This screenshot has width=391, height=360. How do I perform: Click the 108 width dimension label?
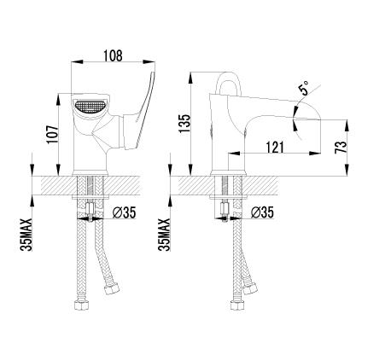coord(113,55)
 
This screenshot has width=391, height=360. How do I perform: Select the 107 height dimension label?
coord(53,134)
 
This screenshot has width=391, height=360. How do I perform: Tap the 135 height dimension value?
coord(184,123)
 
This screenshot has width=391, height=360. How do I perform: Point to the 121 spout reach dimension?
coord(275,147)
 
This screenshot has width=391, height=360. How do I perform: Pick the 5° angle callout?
coord(303,88)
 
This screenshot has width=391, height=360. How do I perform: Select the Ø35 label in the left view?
coord(125,212)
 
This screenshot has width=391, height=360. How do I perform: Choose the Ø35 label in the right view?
coord(262,212)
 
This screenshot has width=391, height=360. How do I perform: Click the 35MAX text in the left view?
coord(26,235)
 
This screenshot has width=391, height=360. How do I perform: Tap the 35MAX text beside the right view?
coord(164,235)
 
